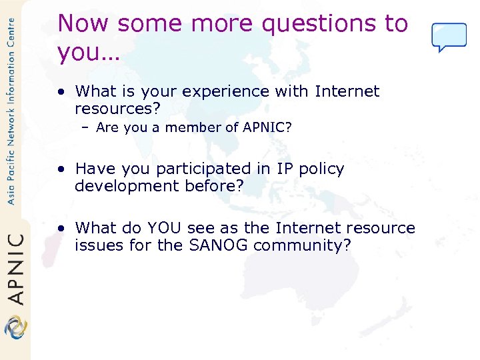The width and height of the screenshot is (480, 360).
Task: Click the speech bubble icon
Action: [449, 37]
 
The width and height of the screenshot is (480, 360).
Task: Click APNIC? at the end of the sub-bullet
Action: [267, 127]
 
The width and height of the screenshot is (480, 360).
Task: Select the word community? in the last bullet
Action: [302, 245]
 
